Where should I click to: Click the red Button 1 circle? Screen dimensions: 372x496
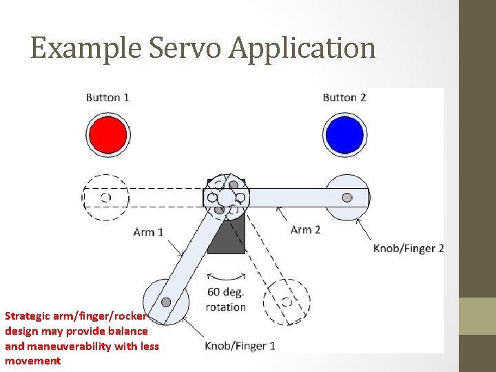click(107, 134)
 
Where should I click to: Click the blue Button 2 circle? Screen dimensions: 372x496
click(344, 134)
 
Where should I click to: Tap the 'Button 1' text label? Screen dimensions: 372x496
click(107, 97)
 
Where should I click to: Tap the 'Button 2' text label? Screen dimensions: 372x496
click(344, 97)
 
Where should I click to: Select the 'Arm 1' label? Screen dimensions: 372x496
click(148, 232)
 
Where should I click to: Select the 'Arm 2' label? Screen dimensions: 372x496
click(305, 229)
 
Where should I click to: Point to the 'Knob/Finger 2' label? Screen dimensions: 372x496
click(409, 248)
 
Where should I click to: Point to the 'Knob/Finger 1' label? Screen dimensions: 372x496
click(240, 346)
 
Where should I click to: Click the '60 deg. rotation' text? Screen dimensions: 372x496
click(226, 299)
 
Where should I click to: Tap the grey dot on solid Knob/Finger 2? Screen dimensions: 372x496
click(347, 198)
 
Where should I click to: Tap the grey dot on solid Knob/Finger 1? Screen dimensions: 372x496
click(166, 302)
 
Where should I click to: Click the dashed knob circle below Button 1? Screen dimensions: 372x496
click(105, 198)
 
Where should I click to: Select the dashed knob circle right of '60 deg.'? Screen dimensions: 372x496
click(287, 302)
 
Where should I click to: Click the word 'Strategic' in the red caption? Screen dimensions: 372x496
click(28, 316)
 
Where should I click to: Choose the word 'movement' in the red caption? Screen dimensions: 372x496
click(32, 361)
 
